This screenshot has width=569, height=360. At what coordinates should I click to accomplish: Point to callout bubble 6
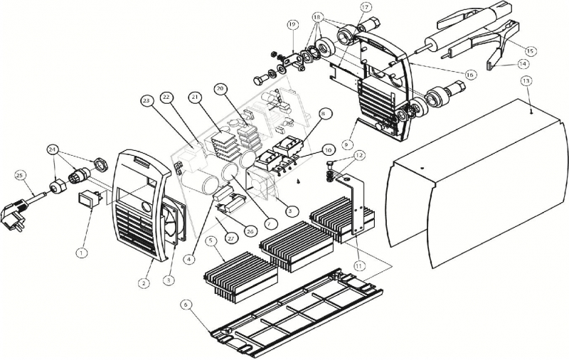pyautogui.click(x=186, y=304)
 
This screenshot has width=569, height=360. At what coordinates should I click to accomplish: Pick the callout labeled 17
pyautogui.click(x=366, y=7)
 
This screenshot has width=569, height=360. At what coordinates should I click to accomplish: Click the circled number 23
pyautogui.click(x=147, y=101)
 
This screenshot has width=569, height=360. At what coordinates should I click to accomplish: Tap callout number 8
pyautogui.click(x=324, y=112)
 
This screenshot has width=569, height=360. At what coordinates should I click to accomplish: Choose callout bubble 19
pyautogui.click(x=292, y=25)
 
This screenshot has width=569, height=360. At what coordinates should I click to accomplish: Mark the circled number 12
pyautogui.click(x=359, y=154)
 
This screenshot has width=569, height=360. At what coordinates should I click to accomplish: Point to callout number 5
pyautogui.click(x=211, y=240)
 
